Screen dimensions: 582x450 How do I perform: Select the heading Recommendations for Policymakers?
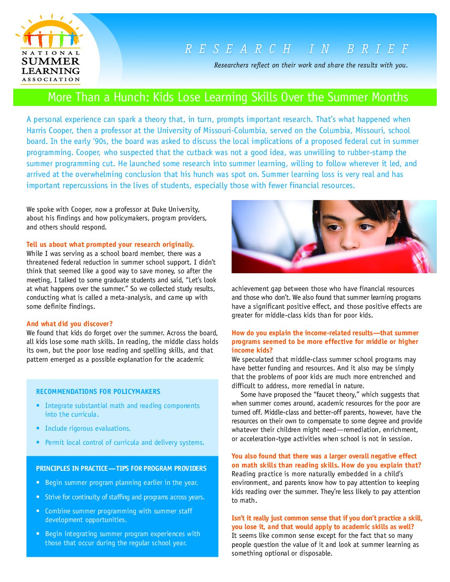[98, 391]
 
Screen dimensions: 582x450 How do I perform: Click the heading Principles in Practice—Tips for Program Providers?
[121, 468]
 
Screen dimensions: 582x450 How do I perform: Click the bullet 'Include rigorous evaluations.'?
[88, 429]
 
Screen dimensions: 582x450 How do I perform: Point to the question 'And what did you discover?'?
[69, 324]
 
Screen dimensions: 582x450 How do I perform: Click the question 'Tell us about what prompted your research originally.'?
[110, 244]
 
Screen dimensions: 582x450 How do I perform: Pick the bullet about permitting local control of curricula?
[124, 443]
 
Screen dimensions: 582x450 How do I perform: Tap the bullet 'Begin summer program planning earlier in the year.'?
[121, 483]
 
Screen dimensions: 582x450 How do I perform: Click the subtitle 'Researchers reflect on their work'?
[310, 65]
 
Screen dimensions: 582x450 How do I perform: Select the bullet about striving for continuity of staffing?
[124, 497]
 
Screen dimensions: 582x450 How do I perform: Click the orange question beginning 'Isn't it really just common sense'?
[327, 522]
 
